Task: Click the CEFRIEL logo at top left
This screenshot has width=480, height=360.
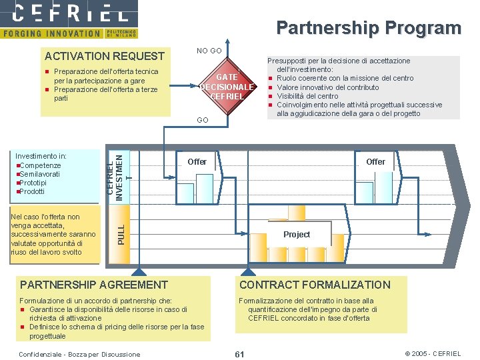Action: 69,13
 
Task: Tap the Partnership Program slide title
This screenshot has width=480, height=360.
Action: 369,28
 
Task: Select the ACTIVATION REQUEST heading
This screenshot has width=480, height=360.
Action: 104,56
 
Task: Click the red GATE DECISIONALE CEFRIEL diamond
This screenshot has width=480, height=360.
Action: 227,87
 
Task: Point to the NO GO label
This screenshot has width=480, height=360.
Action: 209,51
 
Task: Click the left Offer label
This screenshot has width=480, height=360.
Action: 197,162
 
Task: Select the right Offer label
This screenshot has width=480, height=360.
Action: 375,162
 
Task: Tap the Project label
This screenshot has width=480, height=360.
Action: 297,235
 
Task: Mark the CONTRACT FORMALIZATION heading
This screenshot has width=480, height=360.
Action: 315,285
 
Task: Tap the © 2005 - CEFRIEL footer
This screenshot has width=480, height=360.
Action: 433,353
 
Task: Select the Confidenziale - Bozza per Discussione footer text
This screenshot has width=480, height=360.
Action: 80,354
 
